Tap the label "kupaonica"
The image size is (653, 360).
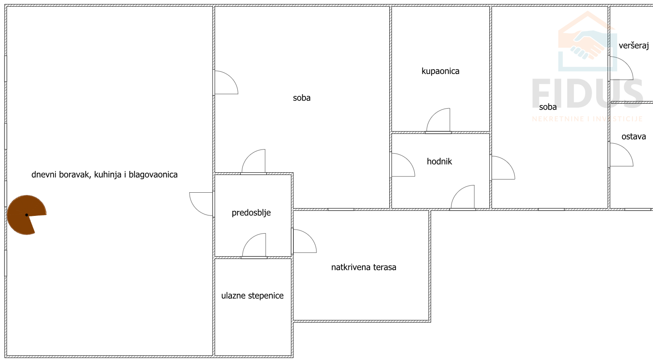pyautogui.click(x=440, y=71)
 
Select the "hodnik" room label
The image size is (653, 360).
pyautogui.click(x=439, y=161)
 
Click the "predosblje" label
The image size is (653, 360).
pyautogui.click(x=251, y=212)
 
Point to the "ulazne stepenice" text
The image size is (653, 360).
pyautogui.click(x=252, y=295)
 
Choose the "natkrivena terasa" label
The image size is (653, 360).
pyautogui.click(x=363, y=267)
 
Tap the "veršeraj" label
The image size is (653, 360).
pyautogui.click(x=633, y=45)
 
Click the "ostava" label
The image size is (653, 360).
pyautogui.click(x=633, y=136)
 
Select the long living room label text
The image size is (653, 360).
pyautogui.click(x=105, y=175)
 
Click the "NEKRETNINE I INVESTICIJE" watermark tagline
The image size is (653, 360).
pyautogui.click(x=587, y=119)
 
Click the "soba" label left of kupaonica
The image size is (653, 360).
pyautogui.click(x=301, y=98)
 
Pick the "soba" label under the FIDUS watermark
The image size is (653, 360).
pyautogui.click(x=548, y=107)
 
